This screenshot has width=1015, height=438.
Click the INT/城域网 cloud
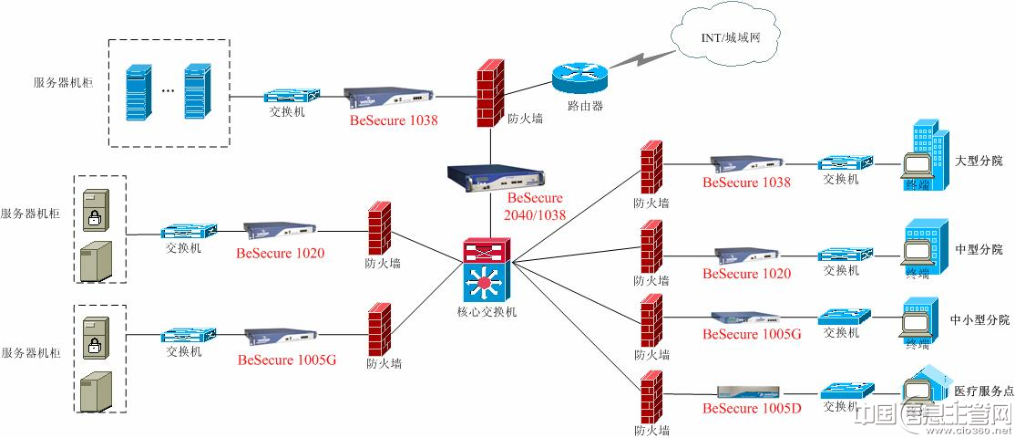pos(729,38)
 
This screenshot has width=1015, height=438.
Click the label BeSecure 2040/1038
pos(536,206)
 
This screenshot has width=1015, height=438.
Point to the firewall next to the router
pos(490,93)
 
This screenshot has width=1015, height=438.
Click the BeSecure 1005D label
pos(751,408)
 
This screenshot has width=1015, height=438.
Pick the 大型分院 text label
pos(979,161)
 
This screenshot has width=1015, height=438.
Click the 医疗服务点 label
pos(982,391)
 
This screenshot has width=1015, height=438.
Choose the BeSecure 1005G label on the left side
pos(287,360)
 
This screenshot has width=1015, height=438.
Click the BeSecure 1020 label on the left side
pos(280,253)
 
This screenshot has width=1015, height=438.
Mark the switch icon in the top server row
pos(292,96)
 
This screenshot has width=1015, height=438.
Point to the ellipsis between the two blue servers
pos(168,91)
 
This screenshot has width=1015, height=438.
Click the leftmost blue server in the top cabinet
pos(138,91)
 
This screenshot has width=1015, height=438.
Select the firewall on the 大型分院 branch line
pos(650,166)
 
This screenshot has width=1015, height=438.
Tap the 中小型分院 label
pos(979,320)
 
